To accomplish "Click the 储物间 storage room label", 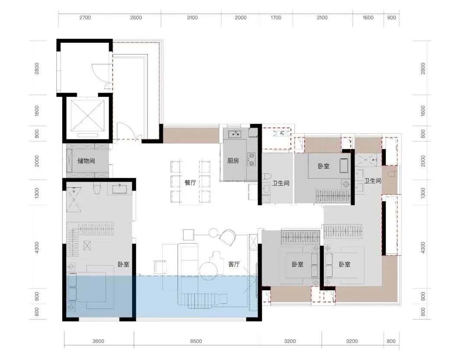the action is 86,161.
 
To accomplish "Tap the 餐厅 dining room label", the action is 190,183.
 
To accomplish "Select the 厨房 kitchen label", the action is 233,161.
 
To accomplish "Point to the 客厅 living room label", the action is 234,264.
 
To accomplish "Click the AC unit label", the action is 282,133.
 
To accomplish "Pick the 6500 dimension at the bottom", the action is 196,341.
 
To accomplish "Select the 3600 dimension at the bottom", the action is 98,341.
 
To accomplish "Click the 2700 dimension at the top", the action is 85,18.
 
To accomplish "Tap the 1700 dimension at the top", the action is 276,18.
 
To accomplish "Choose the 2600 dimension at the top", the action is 136,18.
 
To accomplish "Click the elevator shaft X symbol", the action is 87,115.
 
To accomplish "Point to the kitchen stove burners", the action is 251,159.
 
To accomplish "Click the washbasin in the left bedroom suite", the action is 119,189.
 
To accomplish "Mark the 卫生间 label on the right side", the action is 373,181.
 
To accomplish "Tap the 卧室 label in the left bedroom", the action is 123,264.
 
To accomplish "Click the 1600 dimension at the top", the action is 368,18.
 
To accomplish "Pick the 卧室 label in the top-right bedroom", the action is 323,166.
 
